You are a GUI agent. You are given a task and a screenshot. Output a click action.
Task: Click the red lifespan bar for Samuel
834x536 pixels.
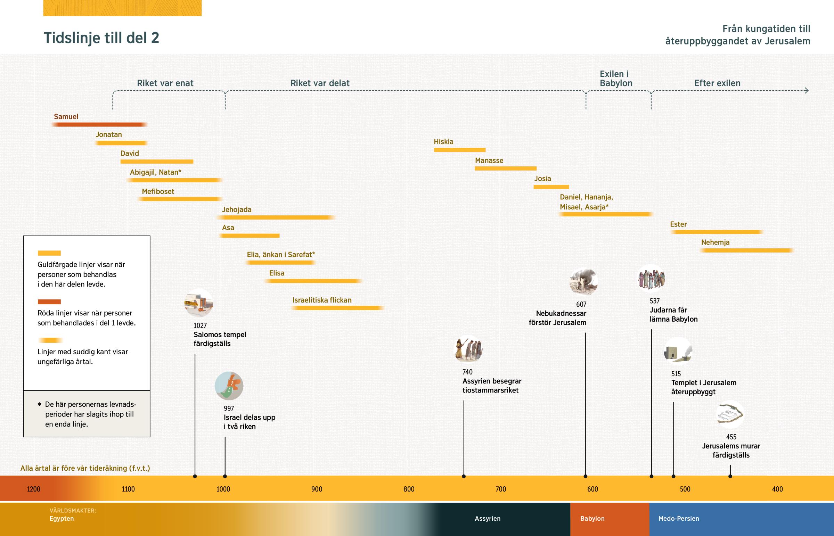[99, 125]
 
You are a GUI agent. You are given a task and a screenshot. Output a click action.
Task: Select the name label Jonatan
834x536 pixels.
[109, 135]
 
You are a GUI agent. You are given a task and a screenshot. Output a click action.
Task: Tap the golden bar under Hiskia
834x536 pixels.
[459, 150]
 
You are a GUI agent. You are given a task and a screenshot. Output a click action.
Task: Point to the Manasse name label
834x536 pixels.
[489, 160]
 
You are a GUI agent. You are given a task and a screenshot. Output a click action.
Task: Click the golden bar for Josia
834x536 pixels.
[551, 187]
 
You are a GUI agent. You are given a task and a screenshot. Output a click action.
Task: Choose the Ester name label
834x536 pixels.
[678, 224]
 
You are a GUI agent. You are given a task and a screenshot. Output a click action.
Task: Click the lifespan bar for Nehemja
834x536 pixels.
[746, 250]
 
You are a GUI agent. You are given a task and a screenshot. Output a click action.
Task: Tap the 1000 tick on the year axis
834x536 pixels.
[223, 489]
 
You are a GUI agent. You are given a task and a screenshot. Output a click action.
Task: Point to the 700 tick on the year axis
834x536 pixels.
[500, 489]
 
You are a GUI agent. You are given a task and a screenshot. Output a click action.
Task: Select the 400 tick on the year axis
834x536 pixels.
[777, 489]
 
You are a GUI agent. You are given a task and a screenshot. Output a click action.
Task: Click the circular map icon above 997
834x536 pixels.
[229, 386]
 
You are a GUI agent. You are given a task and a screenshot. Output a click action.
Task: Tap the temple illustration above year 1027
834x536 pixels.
[198, 303]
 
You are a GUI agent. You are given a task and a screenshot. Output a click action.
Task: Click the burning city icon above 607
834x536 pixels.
[583, 282]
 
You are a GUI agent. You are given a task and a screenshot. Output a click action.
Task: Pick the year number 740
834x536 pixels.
[467, 372]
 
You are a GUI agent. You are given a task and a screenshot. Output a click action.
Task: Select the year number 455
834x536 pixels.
[731, 437]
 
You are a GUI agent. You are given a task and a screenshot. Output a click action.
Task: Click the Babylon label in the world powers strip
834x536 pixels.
[592, 519]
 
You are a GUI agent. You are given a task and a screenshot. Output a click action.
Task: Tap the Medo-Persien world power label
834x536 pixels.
[678, 519]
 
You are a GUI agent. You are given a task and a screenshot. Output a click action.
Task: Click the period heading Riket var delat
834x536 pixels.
[320, 83]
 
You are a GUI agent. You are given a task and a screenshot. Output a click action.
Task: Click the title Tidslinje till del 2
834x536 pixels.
[101, 38]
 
